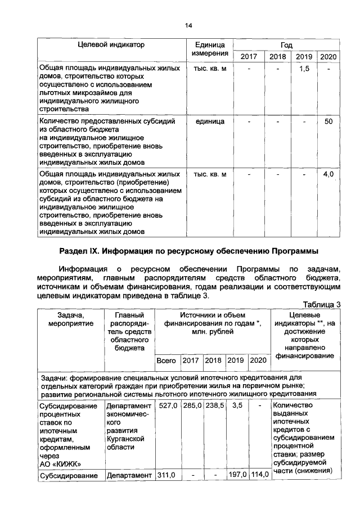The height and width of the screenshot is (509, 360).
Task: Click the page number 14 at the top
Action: pos(189,25)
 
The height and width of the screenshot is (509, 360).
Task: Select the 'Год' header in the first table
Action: pos(286,44)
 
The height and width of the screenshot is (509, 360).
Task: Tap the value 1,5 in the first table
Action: pos(304,68)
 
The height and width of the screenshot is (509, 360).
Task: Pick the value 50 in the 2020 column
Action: pos(328,121)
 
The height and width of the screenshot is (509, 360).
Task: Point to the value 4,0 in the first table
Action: pos(328,174)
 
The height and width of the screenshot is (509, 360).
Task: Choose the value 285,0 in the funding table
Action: pos(191,406)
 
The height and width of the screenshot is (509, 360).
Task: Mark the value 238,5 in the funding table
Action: pos(214,406)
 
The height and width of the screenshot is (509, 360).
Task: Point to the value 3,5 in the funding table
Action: pos(237,406)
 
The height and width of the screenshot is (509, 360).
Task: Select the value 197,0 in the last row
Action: pos(237,476)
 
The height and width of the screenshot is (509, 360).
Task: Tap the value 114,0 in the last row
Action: pos(259,476)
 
